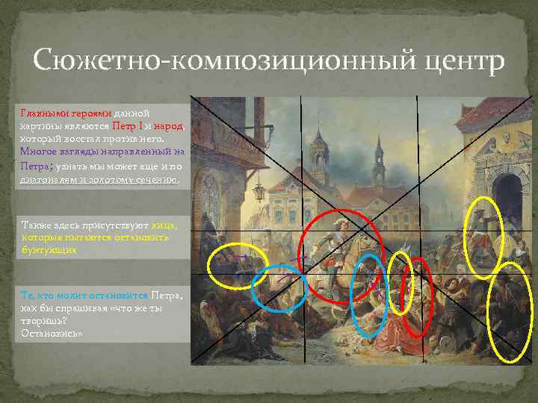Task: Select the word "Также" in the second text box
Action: (x=36, y=225)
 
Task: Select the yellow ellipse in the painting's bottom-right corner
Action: (x=510, y=321)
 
